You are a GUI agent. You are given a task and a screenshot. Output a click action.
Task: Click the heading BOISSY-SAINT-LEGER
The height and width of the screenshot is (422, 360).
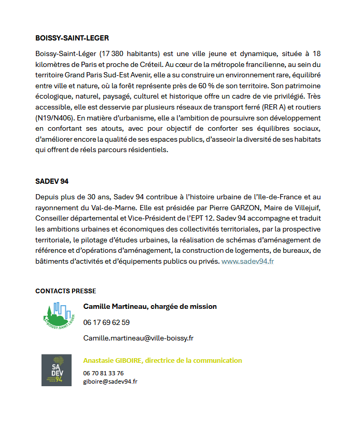click(x=72, y=38)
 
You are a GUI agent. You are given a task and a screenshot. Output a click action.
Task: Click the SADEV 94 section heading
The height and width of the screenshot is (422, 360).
click(x=52, y=182)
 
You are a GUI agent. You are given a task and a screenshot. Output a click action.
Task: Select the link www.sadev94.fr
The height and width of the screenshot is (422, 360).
click(x=247, y=262)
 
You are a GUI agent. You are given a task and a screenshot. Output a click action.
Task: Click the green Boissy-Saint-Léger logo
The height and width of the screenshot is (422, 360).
click(x=58, y=316)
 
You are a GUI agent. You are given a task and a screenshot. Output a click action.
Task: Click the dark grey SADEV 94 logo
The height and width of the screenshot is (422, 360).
click(x=56, y=370)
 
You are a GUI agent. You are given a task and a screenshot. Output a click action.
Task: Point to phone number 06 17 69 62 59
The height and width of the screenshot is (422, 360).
click(x=106, y=322)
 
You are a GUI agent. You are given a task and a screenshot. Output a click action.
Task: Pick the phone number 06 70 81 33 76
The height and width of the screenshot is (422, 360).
click(x=103, y=373)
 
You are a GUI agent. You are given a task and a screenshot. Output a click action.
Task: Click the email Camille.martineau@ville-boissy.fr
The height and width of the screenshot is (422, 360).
click(x=138, y=338)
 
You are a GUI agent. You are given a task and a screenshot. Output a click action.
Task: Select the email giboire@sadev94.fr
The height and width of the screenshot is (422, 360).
click(x=110, y=381)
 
